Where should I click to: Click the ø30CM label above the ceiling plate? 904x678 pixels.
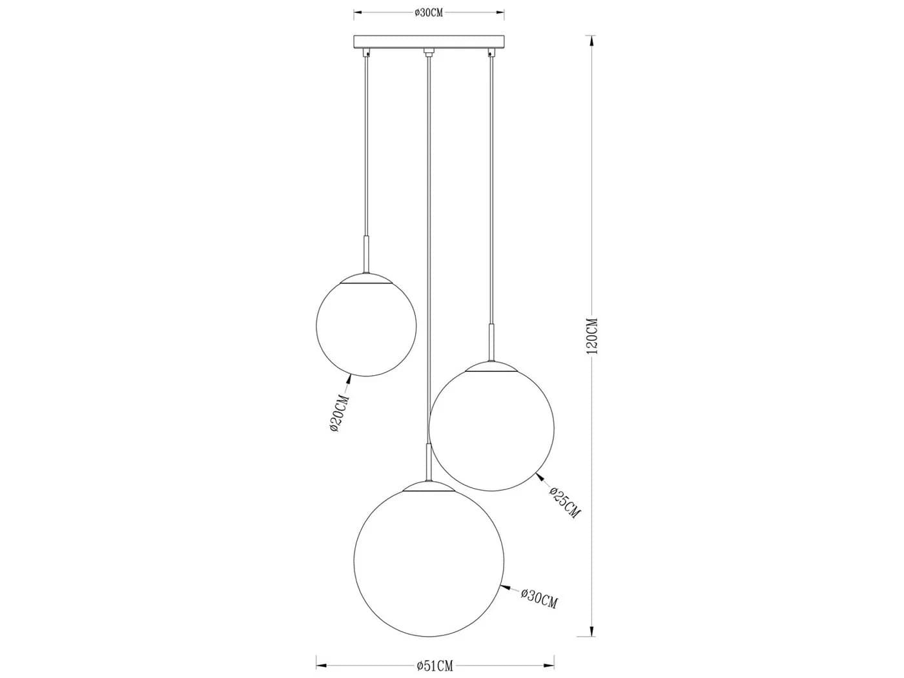click(x=428, y=13)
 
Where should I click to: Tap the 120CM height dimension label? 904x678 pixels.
click(x=592, y=336)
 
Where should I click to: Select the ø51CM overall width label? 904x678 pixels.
click(x=434, y=665)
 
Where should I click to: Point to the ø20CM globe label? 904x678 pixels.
click(x=340, y=413)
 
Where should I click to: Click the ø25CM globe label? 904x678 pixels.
click(x=565, y=502)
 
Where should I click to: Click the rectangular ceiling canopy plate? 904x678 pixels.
click(x=429, y=41)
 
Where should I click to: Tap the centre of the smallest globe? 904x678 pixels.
click(x=366, y=325)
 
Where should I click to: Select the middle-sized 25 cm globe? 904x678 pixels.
click(x=491, y=428)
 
